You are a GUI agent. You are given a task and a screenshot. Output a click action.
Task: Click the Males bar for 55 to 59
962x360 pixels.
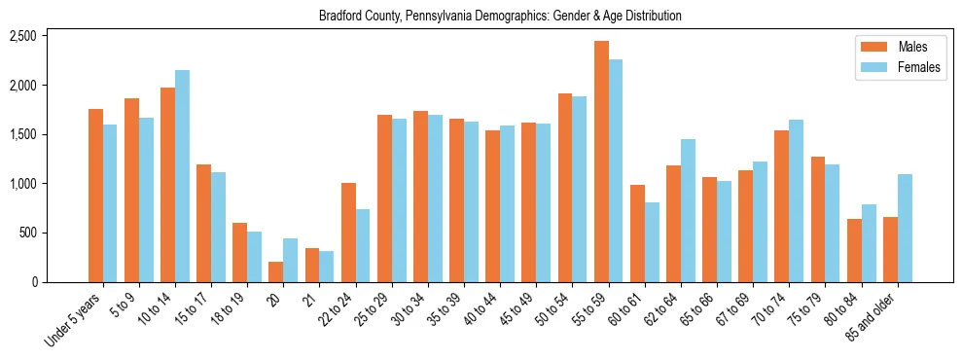(x=601, y=162)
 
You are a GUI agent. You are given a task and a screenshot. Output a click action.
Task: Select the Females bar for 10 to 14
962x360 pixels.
(x=182, y=176)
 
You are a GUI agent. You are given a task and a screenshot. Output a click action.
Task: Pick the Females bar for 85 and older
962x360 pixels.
(x=905, y=228)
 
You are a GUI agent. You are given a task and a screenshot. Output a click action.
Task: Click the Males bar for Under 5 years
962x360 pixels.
(x=95, y=196)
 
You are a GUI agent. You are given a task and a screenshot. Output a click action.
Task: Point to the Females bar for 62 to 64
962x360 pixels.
(x=688, y=210)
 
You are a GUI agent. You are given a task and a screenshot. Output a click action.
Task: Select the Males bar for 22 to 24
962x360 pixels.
(x=348, y=233)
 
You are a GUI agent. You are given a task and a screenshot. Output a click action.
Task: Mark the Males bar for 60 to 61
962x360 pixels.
(x=637, y=234)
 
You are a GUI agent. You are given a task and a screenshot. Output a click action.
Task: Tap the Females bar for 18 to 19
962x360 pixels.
(x=254, y=257)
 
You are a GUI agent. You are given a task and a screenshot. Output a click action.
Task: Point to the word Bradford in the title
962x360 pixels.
(x=339, y=16)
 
